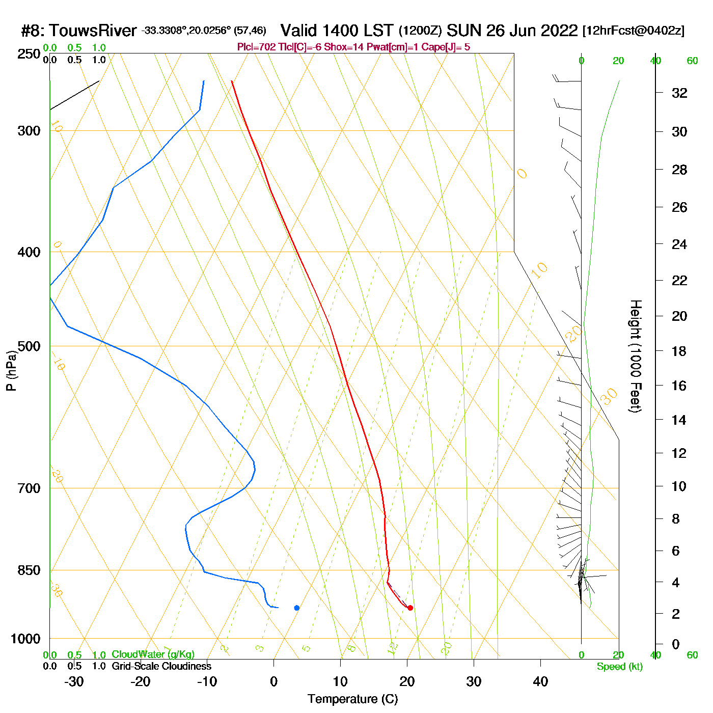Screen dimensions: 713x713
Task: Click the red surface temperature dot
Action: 410,608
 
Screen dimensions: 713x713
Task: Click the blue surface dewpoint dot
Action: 297,608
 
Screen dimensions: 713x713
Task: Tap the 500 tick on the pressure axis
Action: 29,346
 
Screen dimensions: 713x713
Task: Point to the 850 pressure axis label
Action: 29,570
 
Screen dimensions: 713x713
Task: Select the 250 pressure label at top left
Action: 29,54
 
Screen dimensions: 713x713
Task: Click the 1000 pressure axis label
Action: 25,639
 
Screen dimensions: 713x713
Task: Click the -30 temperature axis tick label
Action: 74,681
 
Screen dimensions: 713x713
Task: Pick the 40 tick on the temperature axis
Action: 540,681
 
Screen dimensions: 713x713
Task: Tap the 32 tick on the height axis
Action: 679,93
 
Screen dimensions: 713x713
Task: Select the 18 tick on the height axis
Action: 679,351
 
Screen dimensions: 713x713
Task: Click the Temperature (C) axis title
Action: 352,699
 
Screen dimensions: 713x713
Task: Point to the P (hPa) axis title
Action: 11,370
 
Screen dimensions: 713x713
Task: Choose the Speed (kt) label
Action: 620,667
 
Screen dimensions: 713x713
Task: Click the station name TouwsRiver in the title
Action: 93,31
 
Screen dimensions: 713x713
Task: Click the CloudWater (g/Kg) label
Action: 153,654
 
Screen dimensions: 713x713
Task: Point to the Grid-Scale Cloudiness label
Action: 161,666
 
